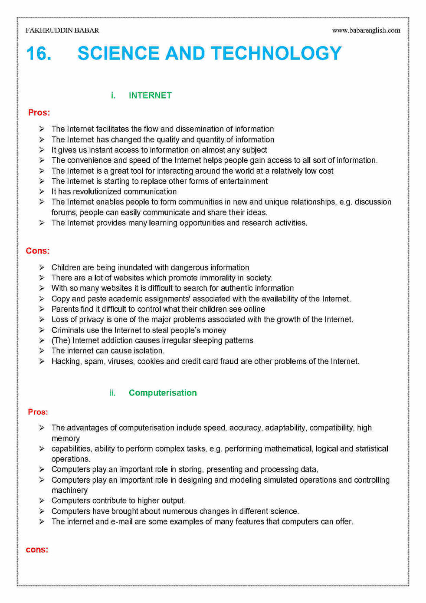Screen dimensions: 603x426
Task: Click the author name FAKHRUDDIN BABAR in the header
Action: click(x=62, y=30)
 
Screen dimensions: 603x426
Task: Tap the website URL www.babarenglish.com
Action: click(x=366, y=30)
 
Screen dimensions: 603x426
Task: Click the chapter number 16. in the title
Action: click(x=39, y=54)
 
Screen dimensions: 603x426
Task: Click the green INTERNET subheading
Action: click(x=150, y=96)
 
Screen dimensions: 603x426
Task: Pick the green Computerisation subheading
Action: click(x=162, y=393)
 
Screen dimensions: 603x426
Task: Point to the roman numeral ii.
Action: click(x=112, y=393)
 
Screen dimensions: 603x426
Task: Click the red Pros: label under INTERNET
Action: click(x=39, y=113)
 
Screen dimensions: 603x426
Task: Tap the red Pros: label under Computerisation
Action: click(x=38, y=412)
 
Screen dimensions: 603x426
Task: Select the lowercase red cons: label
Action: click(x=37, y=550)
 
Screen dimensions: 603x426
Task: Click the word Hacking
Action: click(x=66, y=362)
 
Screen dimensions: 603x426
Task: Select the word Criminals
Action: click(x=68, y=330)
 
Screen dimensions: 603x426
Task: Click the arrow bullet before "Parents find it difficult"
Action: click(x=42, y=310)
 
